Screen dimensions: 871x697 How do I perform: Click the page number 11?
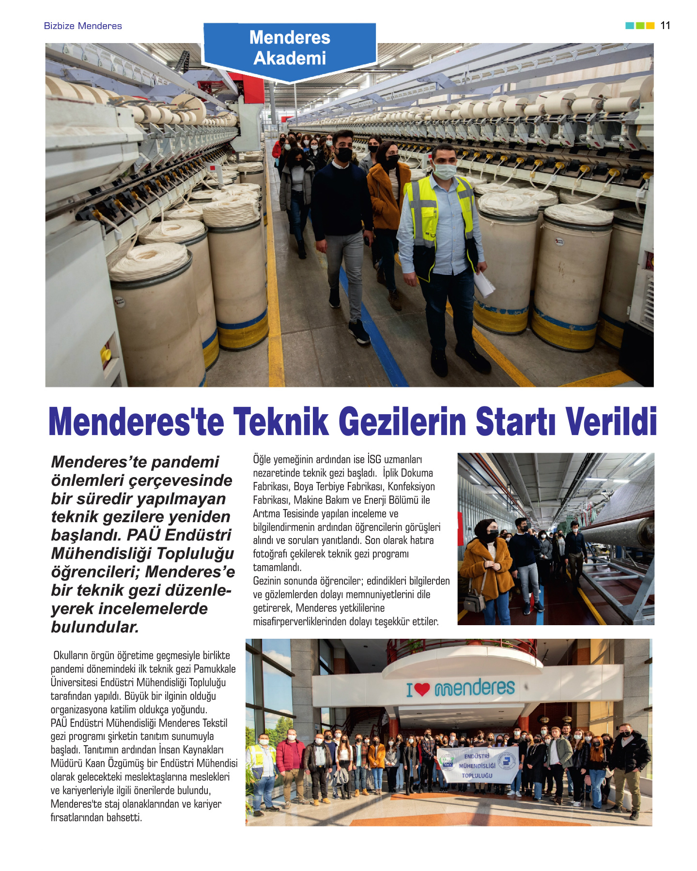click(665, 26)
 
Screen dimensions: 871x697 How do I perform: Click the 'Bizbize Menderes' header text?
click(83, 26)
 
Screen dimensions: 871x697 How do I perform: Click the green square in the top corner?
click(640, 26)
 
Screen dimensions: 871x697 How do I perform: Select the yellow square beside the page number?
click(650, 26)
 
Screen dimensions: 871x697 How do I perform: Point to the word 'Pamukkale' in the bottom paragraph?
click(215, 669)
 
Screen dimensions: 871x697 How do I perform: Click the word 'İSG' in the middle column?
click(374, 459)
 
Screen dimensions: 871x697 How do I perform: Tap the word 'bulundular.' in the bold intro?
click(95, 627)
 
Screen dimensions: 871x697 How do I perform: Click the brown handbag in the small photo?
click(475, 601)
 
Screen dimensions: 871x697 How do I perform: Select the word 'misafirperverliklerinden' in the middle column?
click(304, 622)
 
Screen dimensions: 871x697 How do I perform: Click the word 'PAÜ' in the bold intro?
click(143, 535)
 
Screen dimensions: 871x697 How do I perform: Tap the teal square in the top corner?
click(630, 26)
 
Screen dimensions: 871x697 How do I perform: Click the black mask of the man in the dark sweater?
click(344, 154)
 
